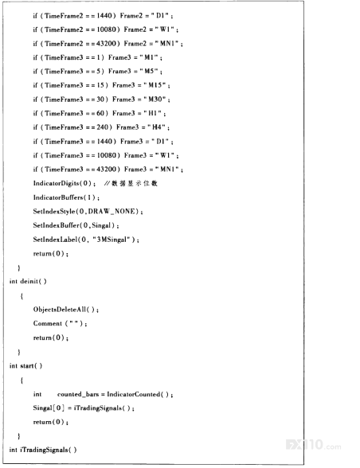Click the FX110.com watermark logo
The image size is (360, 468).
coord(313,445)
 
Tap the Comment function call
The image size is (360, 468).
coord(60,323)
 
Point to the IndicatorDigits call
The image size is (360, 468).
coord(64,184)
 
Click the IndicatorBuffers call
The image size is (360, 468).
coord(66,197)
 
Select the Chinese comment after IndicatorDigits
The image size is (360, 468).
coord(131,184)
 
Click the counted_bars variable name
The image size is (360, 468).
coord(78,394)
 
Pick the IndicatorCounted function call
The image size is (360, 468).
coord(139,394)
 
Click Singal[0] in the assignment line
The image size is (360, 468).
coord(49,408)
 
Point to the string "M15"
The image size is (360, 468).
coord(155,85)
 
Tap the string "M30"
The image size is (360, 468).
coord(155,99)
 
